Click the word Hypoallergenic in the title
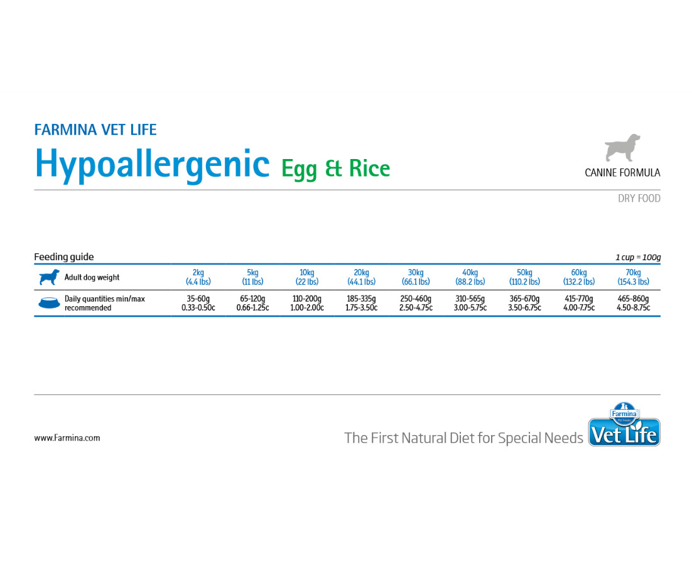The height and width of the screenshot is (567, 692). [152, 165]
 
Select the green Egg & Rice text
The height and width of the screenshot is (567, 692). [336, 169]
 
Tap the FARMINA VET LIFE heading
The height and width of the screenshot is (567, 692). [95, 129]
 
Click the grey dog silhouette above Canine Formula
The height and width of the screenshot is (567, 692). [622, 148]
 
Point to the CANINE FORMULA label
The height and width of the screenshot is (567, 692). [622, 173]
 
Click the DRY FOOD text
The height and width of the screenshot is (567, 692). [639, 199]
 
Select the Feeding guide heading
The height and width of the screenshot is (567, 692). [64, 256]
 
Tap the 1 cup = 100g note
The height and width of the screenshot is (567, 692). [638, 257]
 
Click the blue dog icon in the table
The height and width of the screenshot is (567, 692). [49, 277]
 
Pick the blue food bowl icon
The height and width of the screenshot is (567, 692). [49, 303]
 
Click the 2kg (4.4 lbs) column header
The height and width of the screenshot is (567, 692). [198, 277]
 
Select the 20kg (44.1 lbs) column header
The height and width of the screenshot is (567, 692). [362, 277]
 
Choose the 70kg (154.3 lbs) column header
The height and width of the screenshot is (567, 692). [634, 277]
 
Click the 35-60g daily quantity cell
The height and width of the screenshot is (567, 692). [198, 303]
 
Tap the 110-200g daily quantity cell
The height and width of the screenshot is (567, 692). [306, 303]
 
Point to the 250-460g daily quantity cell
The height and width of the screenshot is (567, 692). [416, 303]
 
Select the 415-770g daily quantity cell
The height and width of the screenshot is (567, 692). [578, 303]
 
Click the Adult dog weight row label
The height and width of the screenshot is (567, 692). [92, 278]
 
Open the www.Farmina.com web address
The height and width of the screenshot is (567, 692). [67, 438]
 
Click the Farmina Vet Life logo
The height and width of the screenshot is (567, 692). [624, 424]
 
